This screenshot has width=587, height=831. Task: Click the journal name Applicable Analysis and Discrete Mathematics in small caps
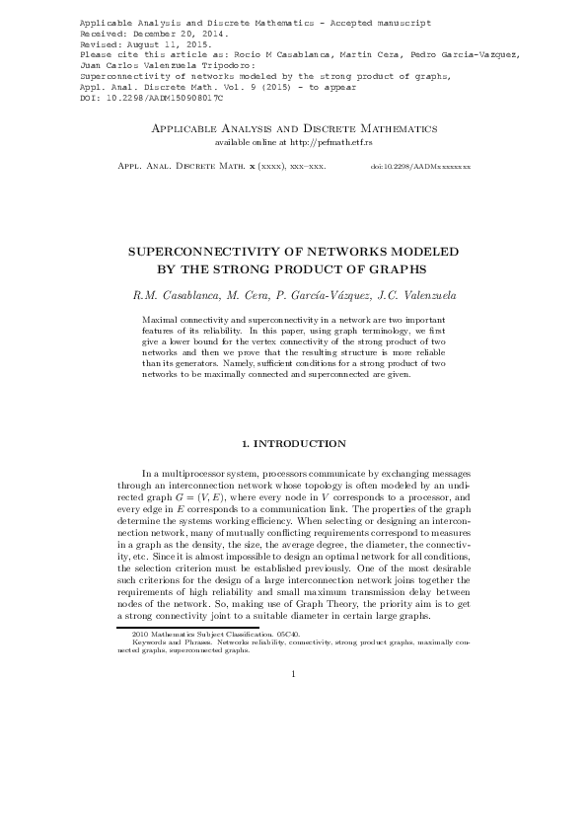293,129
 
